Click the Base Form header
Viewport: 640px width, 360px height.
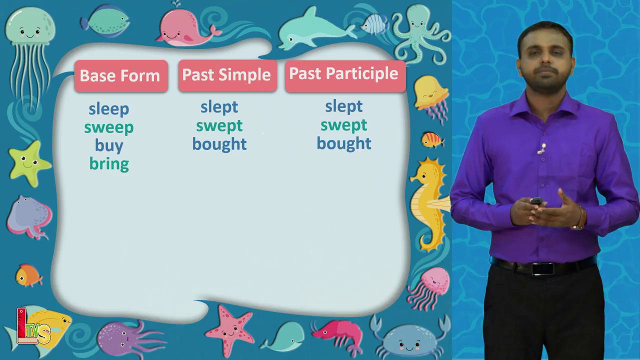coord(121,76)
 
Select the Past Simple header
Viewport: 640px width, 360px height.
coord(227,75)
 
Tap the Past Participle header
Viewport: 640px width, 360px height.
coord(345,76)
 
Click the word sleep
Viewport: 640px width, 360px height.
coord(109,109)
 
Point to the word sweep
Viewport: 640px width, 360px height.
coord(109,127)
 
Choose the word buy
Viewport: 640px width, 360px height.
coord(109,146)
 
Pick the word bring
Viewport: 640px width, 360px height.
coord(109,164)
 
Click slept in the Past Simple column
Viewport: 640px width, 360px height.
coord(219,107)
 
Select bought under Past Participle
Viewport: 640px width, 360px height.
coord(344,143)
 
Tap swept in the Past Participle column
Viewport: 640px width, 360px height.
coord(343,125)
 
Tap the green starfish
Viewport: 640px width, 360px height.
coord(28,163)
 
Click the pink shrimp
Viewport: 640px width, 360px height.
coord(338,335)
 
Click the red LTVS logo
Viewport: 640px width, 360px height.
coord(33,326)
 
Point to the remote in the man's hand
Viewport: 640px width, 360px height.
coord(536,201)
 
